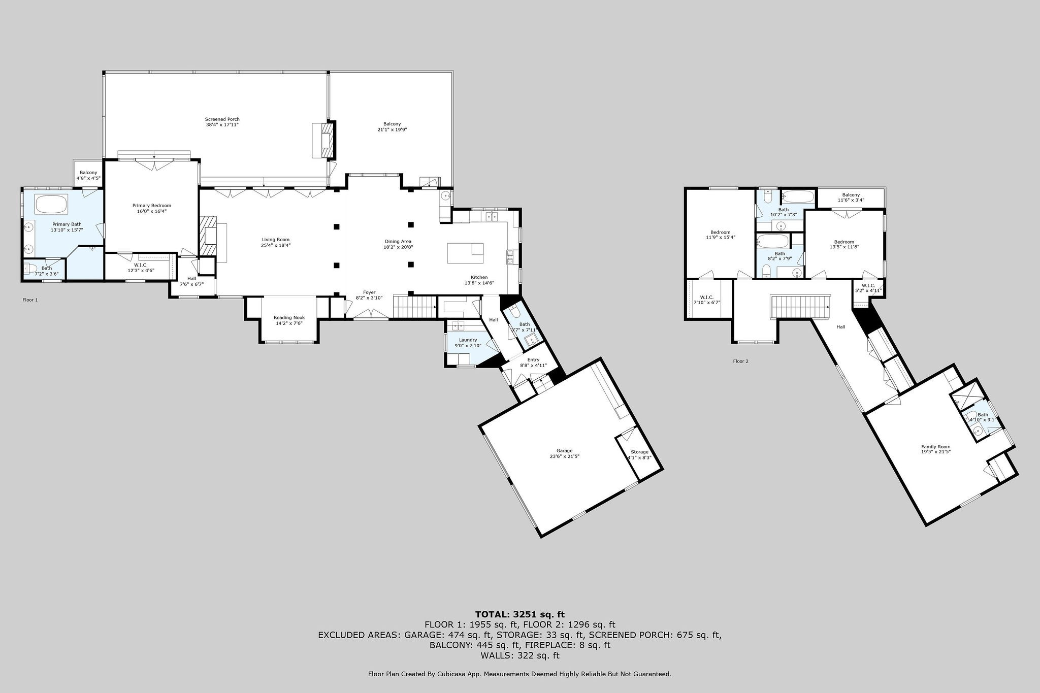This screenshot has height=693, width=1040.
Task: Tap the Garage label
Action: pos(564,451)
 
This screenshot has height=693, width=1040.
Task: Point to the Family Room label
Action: pos(935,447)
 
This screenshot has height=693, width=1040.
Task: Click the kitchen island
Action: pos(465,253)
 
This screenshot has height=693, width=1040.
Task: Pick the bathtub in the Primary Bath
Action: pos(51,205)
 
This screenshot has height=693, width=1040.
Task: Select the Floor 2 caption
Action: pos(740,361)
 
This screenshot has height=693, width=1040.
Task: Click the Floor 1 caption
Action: pos(30,300)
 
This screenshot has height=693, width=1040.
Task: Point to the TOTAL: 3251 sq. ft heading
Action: pos(520,614)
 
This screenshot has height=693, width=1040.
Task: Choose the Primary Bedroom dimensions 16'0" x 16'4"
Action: pos(149,211)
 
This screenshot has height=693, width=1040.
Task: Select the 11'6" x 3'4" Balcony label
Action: pos(851,197)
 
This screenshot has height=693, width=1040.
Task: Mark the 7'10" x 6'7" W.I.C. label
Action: pos(706,300)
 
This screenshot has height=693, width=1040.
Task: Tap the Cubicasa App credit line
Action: pos(519,674)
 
